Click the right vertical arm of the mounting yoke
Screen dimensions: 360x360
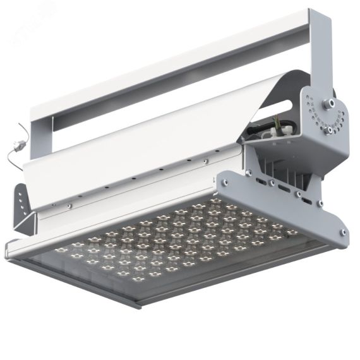pos(321,51)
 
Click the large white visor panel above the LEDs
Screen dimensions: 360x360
pos(139,158)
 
